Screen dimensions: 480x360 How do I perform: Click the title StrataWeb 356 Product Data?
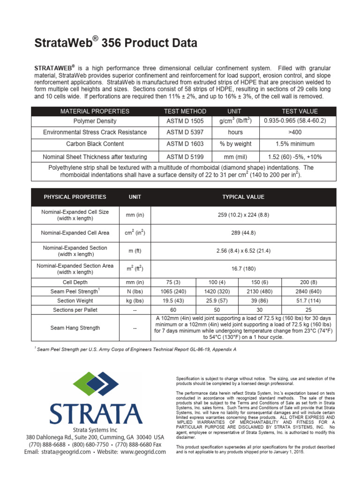(116, 44)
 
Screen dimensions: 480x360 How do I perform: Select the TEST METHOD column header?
(185, 111)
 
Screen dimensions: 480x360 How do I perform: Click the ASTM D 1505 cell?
(185, 120)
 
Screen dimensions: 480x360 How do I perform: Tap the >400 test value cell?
(295, 132)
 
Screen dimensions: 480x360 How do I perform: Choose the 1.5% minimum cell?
(295, 144)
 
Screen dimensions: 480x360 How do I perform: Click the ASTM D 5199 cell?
(185, 157)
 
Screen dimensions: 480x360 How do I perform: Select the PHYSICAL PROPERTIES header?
(75, 197)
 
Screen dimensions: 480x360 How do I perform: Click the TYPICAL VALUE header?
(243, 197)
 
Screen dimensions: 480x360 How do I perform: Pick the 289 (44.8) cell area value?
(243, 232)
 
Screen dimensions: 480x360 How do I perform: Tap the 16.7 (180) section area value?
(243, 269)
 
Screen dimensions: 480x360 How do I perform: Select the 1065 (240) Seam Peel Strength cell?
(172, 291)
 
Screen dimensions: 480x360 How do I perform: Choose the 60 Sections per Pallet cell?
(172, 310)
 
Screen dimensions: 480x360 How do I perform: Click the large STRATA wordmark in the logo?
(96, 412)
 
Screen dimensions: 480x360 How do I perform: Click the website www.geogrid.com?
(143, 452)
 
